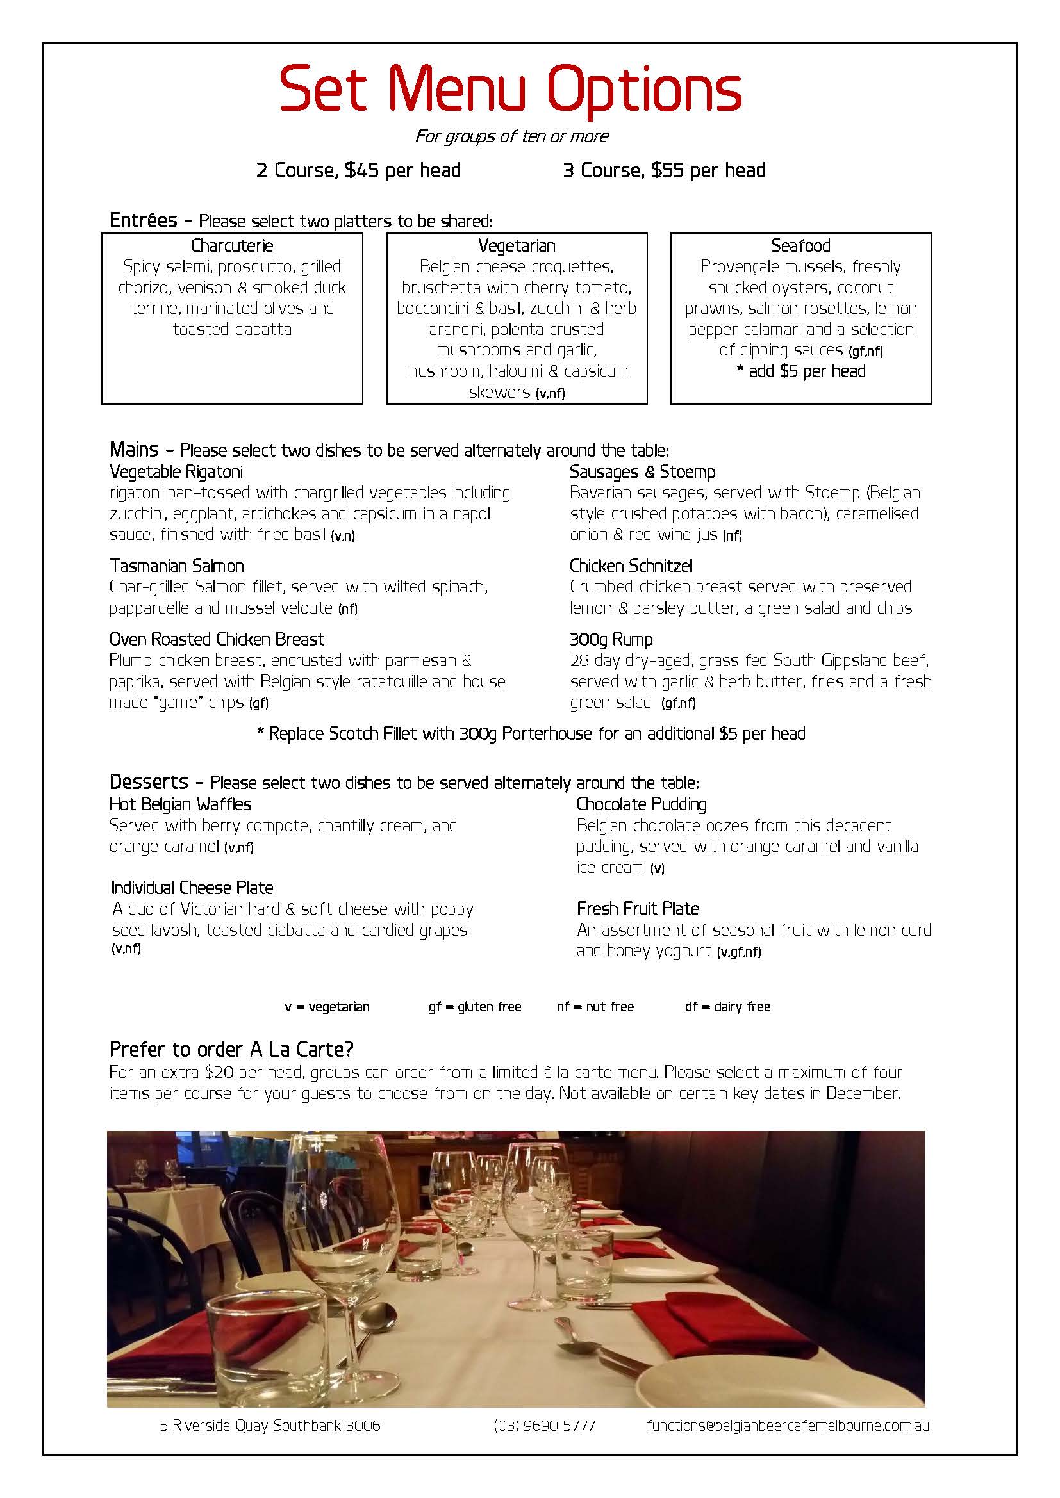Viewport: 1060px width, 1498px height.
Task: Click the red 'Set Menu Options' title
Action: [510, 92]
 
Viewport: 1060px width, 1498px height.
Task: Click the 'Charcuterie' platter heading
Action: [232, 246]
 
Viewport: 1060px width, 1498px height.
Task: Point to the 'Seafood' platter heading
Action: [800, 246]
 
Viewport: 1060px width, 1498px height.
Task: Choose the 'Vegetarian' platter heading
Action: [517, 246]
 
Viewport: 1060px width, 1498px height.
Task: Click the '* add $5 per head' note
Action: [800, 371]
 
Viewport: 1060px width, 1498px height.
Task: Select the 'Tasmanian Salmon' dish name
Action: [177, 566]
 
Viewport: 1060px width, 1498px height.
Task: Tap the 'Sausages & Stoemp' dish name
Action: [642, 472]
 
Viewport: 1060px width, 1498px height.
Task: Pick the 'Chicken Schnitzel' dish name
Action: [631, 566]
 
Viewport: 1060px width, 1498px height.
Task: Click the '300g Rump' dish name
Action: [611, 639]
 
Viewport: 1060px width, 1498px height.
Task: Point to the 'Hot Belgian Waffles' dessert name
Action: [180, 804]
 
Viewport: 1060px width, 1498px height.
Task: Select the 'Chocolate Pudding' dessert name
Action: [641, 804]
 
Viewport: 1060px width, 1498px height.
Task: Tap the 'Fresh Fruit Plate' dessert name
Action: [638, 908]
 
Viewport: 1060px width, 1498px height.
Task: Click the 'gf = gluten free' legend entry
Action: [474, 1007]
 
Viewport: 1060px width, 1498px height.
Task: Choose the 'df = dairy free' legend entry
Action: [727, 1007]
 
